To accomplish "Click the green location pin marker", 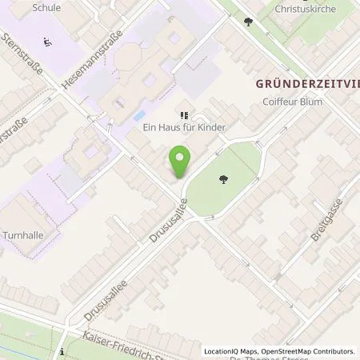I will point(180,163).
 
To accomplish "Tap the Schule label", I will point(47,7).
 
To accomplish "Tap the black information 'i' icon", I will point(62,351).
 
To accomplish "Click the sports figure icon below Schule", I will point(47,42).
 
